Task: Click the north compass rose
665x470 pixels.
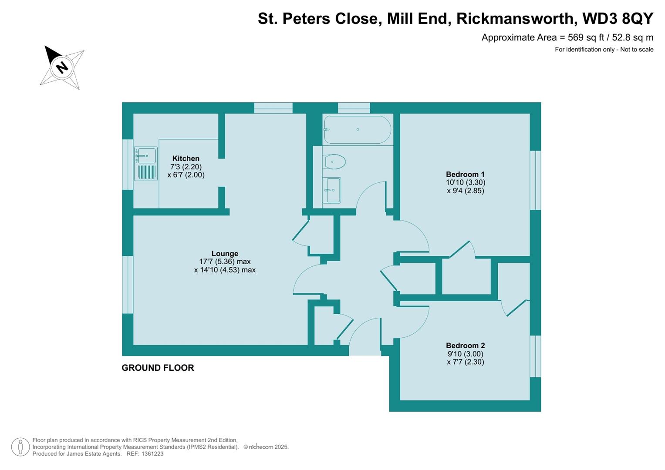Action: (x=62, y=68)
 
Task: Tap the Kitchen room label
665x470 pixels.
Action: (x=186, y=158)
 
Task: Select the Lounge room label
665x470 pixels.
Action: (x=225, y=253)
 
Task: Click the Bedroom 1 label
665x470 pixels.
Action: (x=465, y=174)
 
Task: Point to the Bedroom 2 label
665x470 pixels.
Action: (x=465, y=346)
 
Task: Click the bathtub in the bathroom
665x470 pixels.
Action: (x=357, y=130)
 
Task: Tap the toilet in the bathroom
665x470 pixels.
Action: (x=335, y=161)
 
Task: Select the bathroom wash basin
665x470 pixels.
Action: (x=332, y=190)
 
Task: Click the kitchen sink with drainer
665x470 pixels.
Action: (x=146, y=164)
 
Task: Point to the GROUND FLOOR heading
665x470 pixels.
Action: (x=158, y=368)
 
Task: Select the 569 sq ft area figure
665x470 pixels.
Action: (x=581, y=37)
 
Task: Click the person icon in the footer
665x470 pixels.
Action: (x=20, y=447)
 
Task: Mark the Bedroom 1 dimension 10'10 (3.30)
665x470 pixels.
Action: (x=465, y=182)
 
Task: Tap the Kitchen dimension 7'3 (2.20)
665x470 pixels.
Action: (x=186, y=167)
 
